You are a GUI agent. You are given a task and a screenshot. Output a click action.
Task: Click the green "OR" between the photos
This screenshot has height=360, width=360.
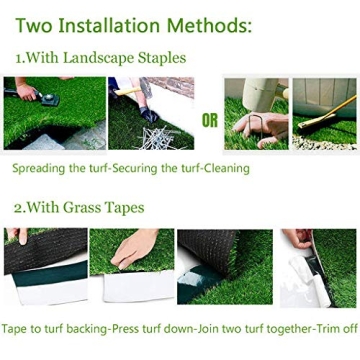pyautogui.click(x=210, y=121)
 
